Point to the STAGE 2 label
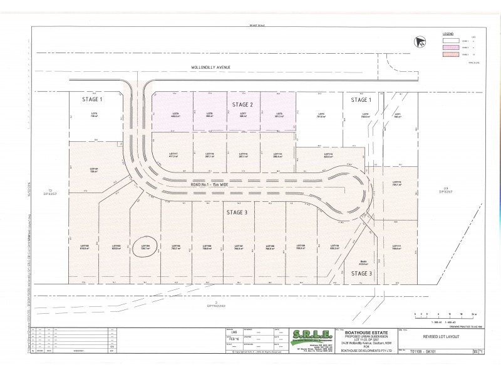point(242,104)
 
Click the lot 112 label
point(396,183)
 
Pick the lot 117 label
point(174,154)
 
